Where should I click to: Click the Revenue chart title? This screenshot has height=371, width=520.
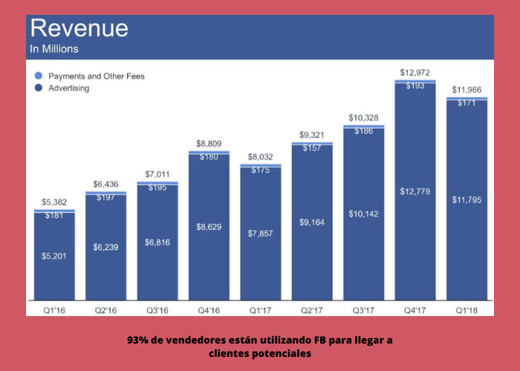[x=78, y=29]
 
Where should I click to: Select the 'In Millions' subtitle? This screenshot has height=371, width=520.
[x=53, y=50]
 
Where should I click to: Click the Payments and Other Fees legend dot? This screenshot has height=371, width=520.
[x=38, y=76]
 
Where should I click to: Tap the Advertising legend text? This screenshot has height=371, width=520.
[x=69, y=88]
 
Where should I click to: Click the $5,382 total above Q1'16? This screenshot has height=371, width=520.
[x=54, y=203]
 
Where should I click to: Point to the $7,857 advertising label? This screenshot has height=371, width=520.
[x=260, y=234]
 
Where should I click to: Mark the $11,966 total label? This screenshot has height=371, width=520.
[x=467, y=91]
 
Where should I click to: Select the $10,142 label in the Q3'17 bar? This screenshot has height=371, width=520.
[x=363, y=214]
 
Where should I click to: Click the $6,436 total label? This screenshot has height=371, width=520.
[x=105, y=184]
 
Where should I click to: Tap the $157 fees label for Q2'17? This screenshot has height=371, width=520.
[x=312, y=147]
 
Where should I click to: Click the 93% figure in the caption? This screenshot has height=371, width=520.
[x=137, y=340]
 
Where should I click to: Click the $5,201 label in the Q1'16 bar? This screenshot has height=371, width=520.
[x=54, y=256]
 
